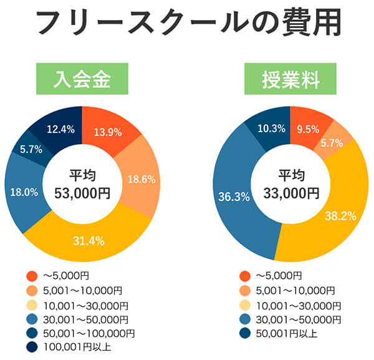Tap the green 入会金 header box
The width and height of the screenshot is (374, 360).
click(82, 79)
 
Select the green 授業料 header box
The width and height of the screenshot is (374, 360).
click(290, 79)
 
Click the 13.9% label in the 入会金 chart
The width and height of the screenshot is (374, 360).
click(108, 132)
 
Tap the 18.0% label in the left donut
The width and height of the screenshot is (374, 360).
click(24, 192)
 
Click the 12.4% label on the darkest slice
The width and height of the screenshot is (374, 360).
click(60, 129)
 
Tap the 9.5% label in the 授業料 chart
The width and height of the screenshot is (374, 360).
click(308, 129)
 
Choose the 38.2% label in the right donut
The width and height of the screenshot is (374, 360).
click(340, 216)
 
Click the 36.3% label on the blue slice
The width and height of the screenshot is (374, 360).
click(234, 197)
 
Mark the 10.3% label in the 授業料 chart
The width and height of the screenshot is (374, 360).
click(271, 129)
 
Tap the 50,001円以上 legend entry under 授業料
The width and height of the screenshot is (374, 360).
click(287, 333)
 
